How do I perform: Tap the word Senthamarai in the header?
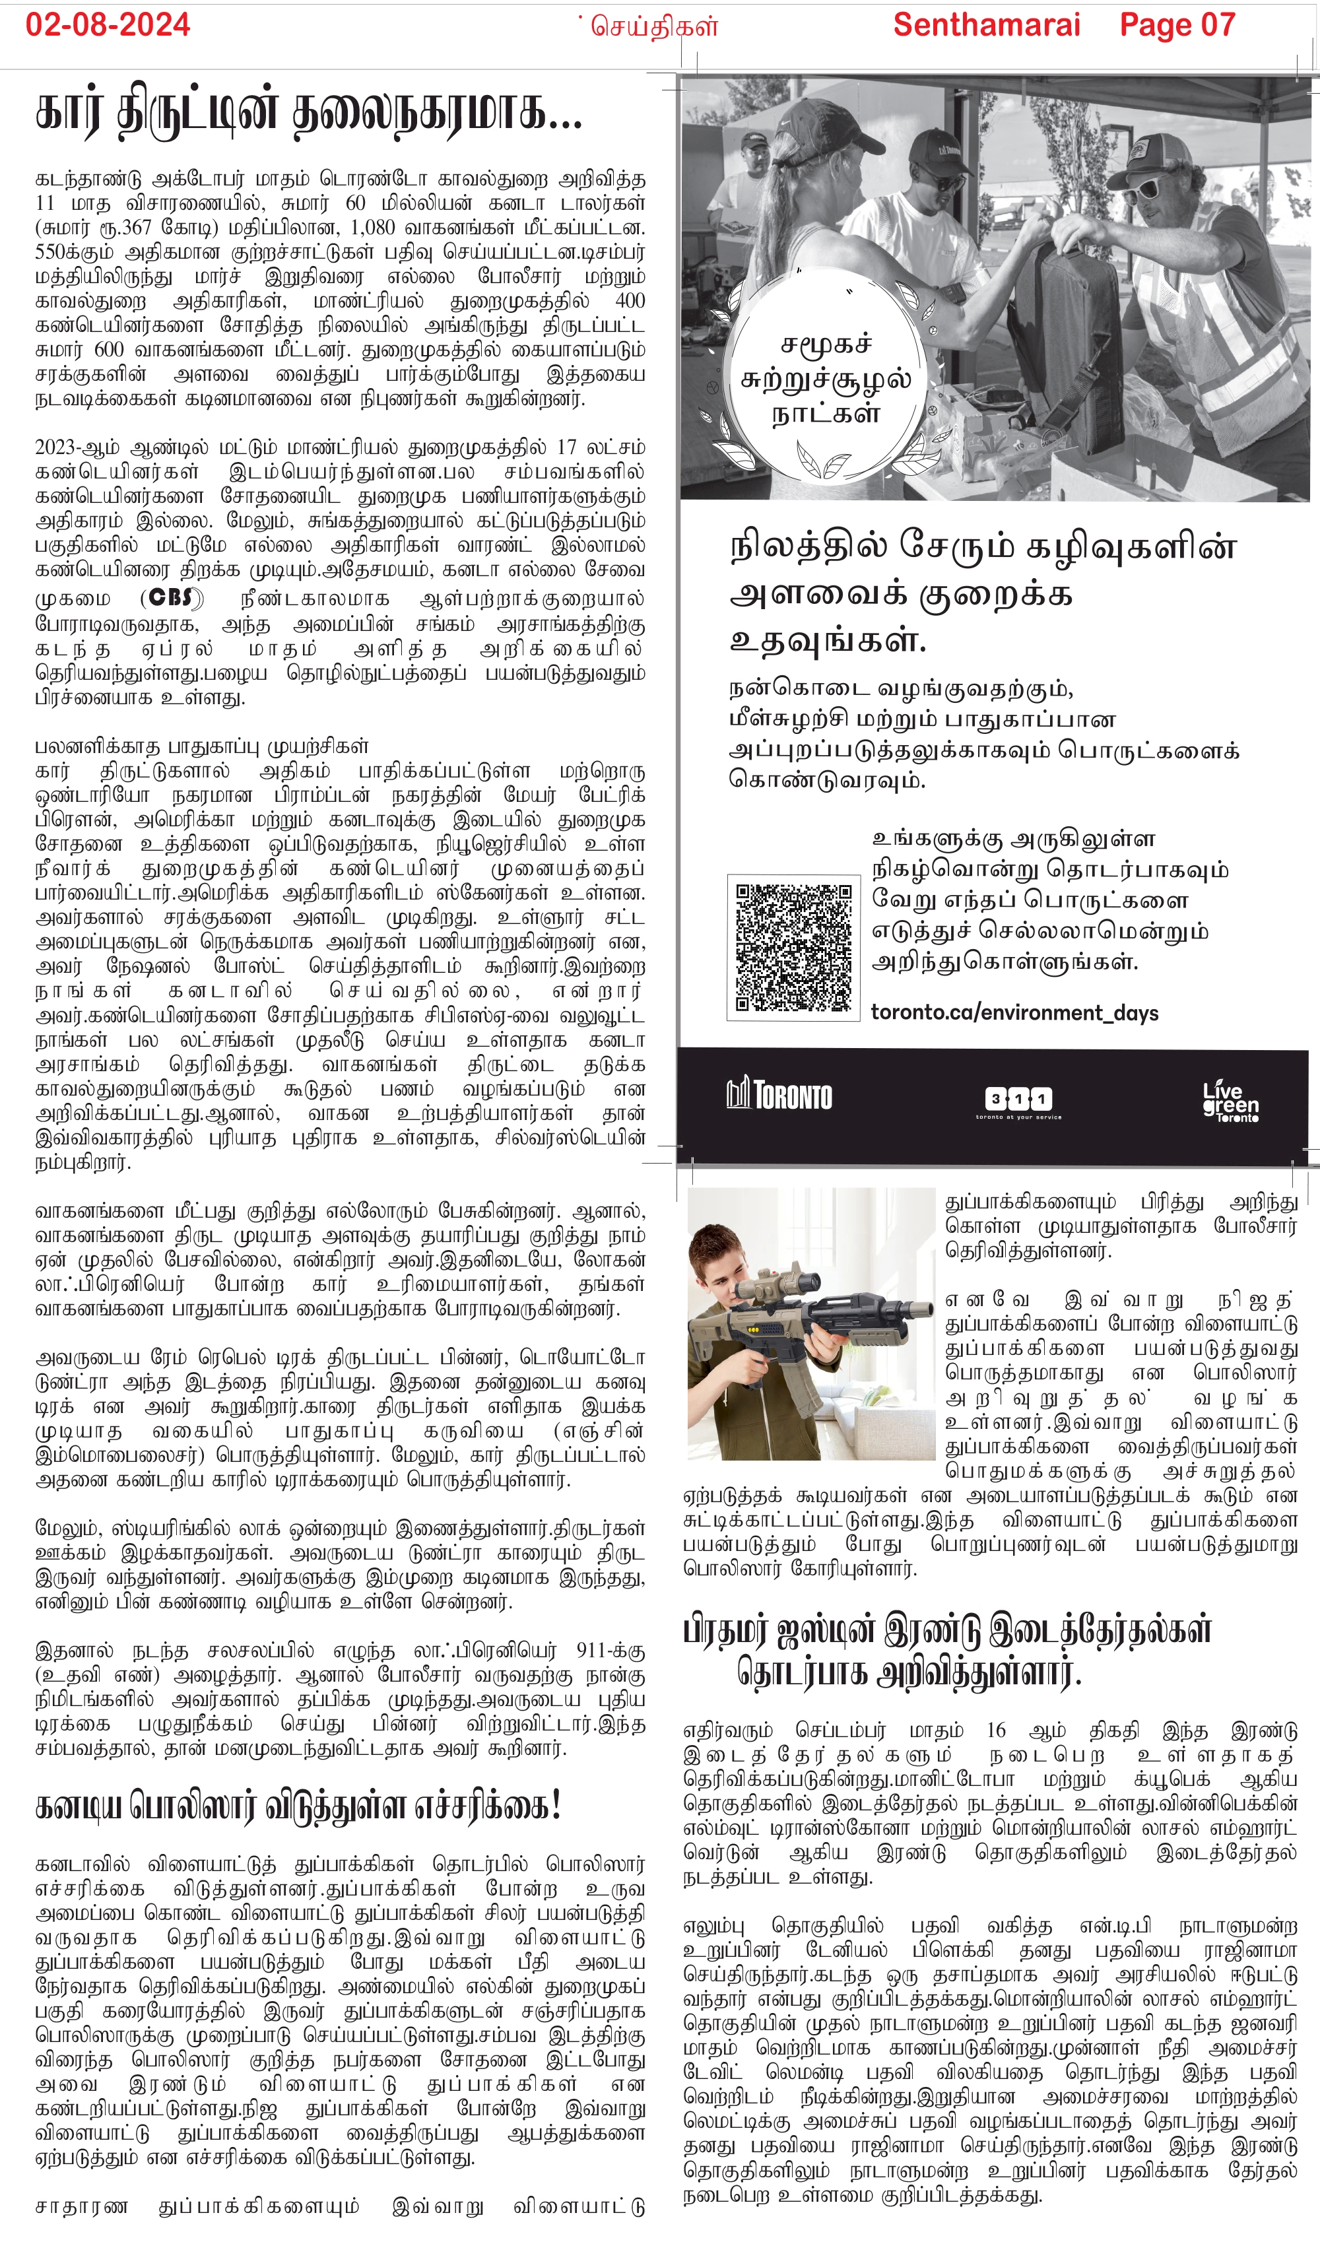click(x=986, y=25)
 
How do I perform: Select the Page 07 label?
click(x=1177, y=25)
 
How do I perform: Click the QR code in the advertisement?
click(x=793, y=948)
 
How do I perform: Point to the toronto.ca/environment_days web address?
click(x=1014, y=1013)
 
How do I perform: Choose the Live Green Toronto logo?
click(x=1230, y=1102)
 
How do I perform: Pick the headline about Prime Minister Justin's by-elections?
click(x=947, y=1652)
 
